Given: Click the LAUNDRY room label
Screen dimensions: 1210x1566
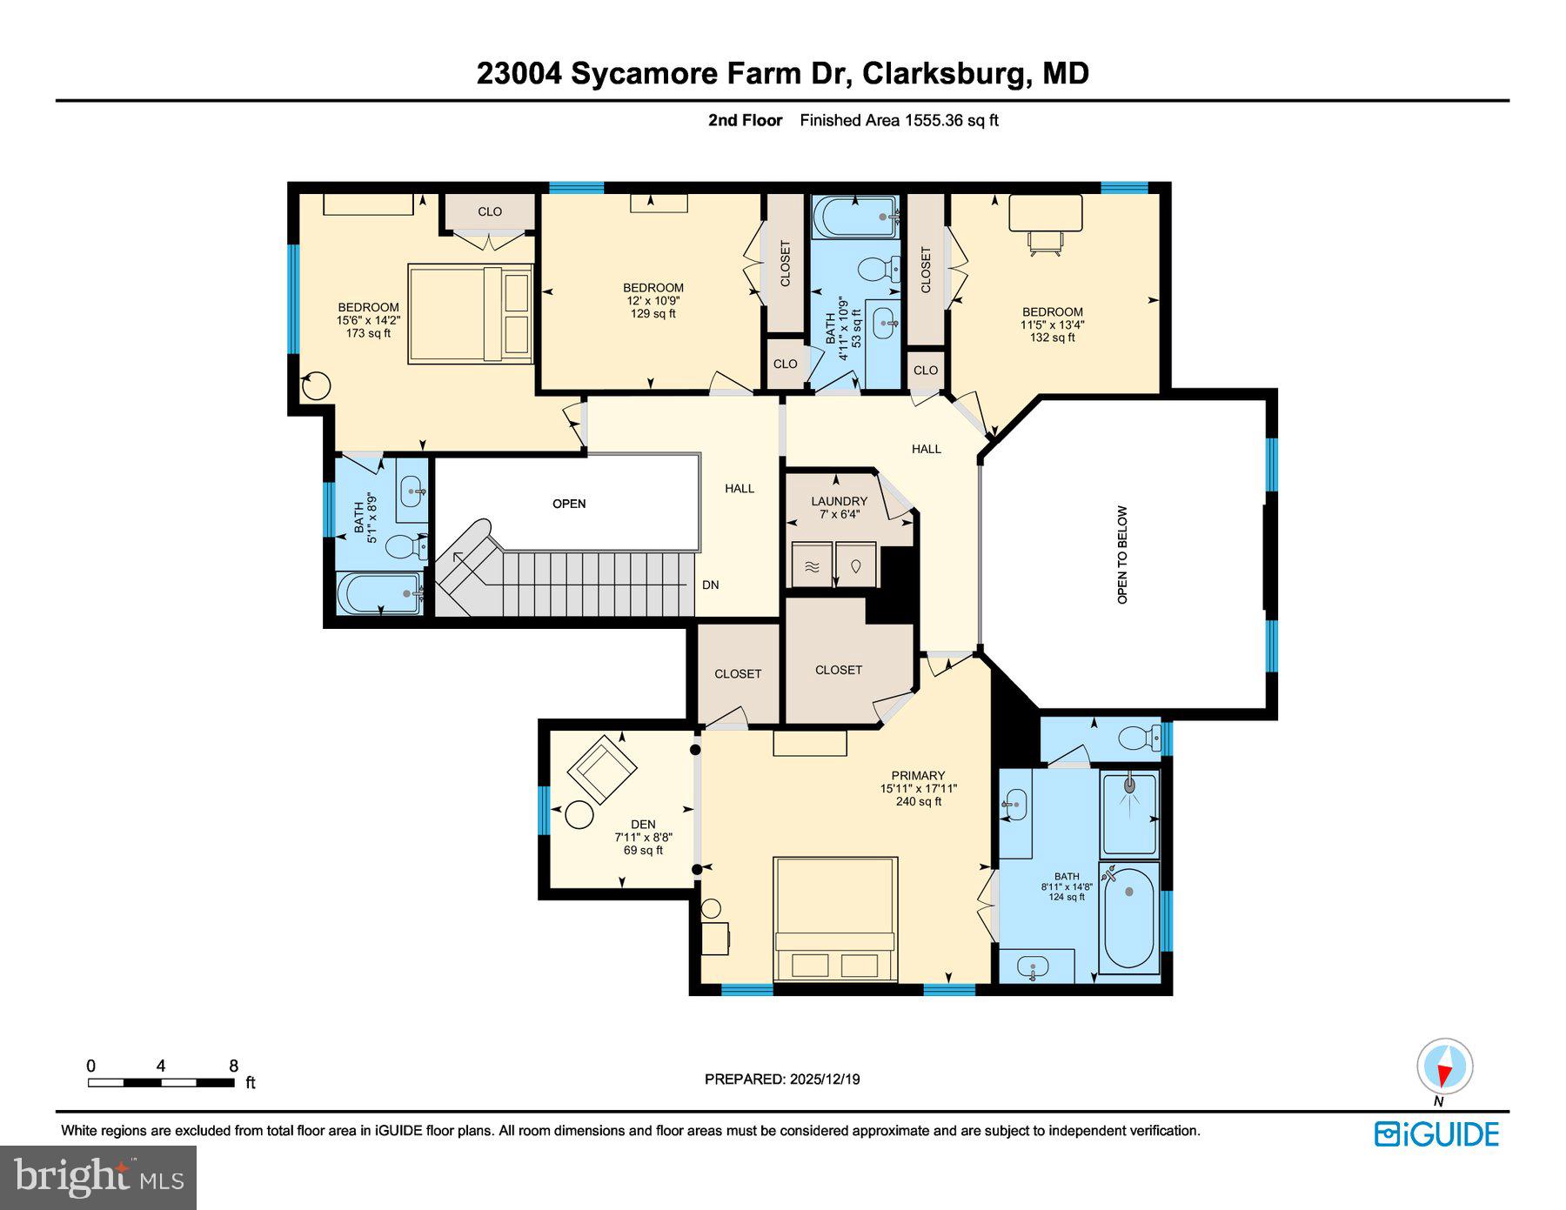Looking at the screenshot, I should tap(839, 501).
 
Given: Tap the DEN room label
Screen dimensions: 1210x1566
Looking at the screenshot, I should tap(643, 825).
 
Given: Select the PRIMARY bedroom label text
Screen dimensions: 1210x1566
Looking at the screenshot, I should tap(918, 776).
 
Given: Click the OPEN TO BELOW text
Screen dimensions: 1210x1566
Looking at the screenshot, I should tap(1122, 555).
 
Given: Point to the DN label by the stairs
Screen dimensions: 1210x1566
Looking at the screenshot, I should tap(711, 585).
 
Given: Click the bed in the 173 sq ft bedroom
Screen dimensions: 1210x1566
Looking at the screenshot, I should tap(470, 313).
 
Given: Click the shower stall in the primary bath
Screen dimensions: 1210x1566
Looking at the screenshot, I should tap(1129, 814).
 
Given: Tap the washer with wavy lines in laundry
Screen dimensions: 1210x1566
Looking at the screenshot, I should tap(812, 566).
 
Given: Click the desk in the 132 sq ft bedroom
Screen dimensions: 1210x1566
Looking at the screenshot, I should tap(1045, 213).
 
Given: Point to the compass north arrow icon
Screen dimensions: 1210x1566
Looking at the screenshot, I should tap(1444, 1067).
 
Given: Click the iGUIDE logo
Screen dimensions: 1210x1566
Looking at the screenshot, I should tap(1436, 1134).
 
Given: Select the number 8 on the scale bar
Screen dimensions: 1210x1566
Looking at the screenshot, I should tap(233, 1066).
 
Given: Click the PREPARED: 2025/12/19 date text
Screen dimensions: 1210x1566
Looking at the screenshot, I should tap(782, 1080).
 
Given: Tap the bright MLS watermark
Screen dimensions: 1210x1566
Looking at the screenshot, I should tap(98, 1177).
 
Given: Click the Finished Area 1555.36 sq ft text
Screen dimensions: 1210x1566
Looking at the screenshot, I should tap(899, 121).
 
